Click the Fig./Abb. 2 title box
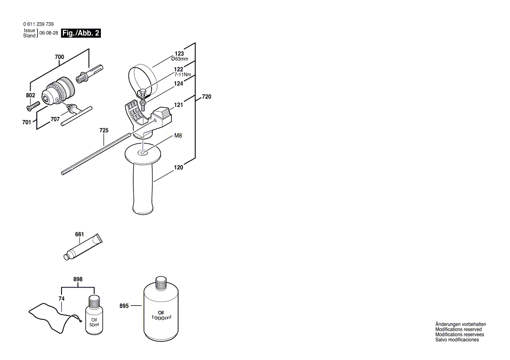coord(81,33)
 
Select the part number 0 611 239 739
coord(38,24)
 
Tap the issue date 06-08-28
coord(48,33)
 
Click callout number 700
coord(59,57)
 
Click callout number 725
coord(104,130)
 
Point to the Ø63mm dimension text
coord(179,59)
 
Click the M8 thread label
coord(178,136)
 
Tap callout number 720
coord(206,97)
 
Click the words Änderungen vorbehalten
coord(460,324)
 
